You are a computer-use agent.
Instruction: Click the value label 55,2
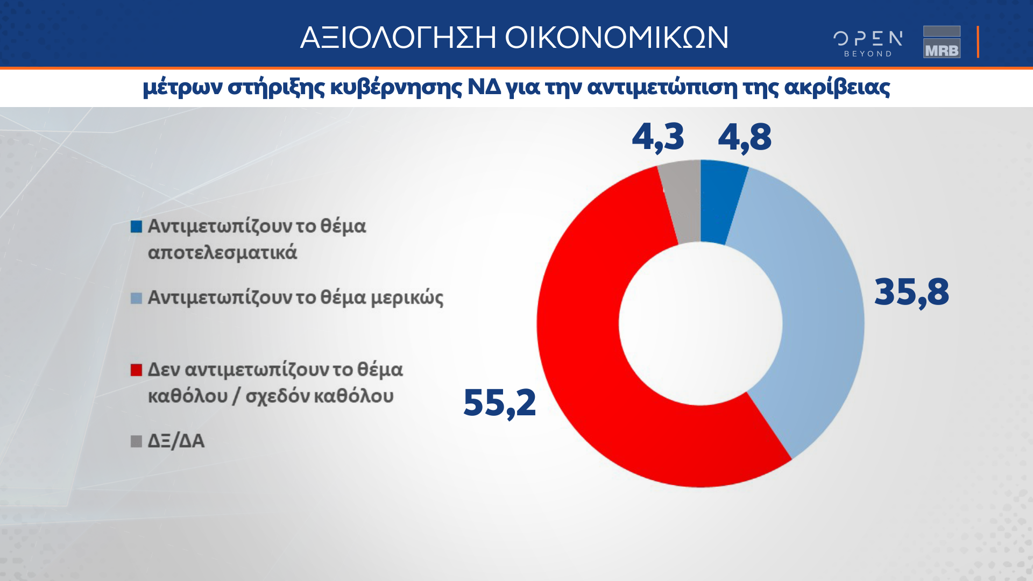click(x=499, y=403)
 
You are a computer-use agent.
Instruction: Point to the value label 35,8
click(x=911, y=293)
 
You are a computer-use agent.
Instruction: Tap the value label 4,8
click(x=745, y=137)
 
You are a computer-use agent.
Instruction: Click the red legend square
click(x=136, y=370)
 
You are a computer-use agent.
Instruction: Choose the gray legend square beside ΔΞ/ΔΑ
click(x=136, y=442)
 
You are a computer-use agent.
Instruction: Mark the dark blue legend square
click(x=136, y=226)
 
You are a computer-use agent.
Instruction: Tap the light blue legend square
click(x=136, y=298)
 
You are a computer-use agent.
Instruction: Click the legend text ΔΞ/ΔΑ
click(x=176, y=441)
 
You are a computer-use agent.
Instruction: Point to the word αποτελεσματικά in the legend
click(x=222, y=252)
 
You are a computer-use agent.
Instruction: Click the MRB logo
click(x=942, y=42)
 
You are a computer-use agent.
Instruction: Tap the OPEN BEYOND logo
click(x=868, y=44)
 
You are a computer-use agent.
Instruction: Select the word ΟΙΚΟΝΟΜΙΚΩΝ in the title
click(x=617, y=38)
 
